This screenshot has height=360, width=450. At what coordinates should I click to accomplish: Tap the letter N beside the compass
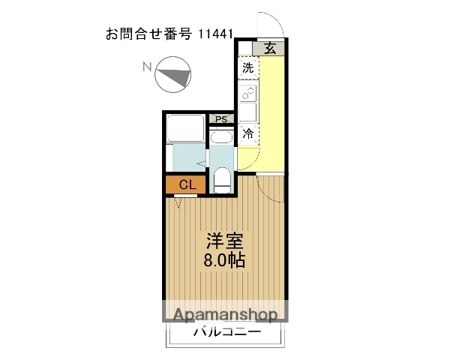(148, 67)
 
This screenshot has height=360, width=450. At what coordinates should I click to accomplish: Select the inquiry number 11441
(217, 34)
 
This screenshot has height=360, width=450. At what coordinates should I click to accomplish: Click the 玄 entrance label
(270, 49)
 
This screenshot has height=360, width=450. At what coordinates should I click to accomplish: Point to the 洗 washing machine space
(248, 67)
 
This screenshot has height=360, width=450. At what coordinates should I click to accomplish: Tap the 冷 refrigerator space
(248, 135)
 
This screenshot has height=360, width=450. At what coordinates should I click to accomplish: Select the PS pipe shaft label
(221, 119)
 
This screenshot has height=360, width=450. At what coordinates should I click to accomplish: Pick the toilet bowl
(222, 180)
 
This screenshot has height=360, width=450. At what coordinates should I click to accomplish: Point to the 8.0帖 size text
(225, 261)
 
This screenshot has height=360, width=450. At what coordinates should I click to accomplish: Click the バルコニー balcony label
(226, 331)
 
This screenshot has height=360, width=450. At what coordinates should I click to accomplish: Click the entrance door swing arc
(268, 22)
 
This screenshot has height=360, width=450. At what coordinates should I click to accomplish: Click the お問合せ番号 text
(149, 34)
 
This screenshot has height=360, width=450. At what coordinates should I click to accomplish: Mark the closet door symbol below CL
(180, 201)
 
